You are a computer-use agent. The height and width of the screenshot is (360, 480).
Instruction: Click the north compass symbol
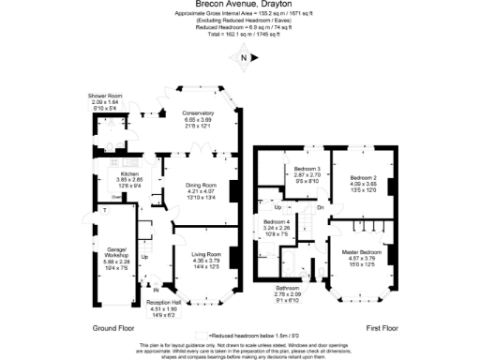point(244,58)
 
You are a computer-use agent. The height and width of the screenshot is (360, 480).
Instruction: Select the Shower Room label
point(106,96)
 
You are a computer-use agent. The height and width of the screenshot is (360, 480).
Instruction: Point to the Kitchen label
point(129,173)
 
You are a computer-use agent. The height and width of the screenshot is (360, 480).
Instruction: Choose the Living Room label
point(206,253)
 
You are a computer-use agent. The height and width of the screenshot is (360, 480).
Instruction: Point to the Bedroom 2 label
point(363,177)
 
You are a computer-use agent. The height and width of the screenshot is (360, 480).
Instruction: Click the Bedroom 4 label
point(277,221)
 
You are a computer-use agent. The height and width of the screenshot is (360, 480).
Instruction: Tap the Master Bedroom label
point(362,253)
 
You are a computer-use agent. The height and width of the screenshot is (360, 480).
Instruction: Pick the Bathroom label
point(288,288)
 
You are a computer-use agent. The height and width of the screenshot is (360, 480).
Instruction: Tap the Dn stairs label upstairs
point(320,207)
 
